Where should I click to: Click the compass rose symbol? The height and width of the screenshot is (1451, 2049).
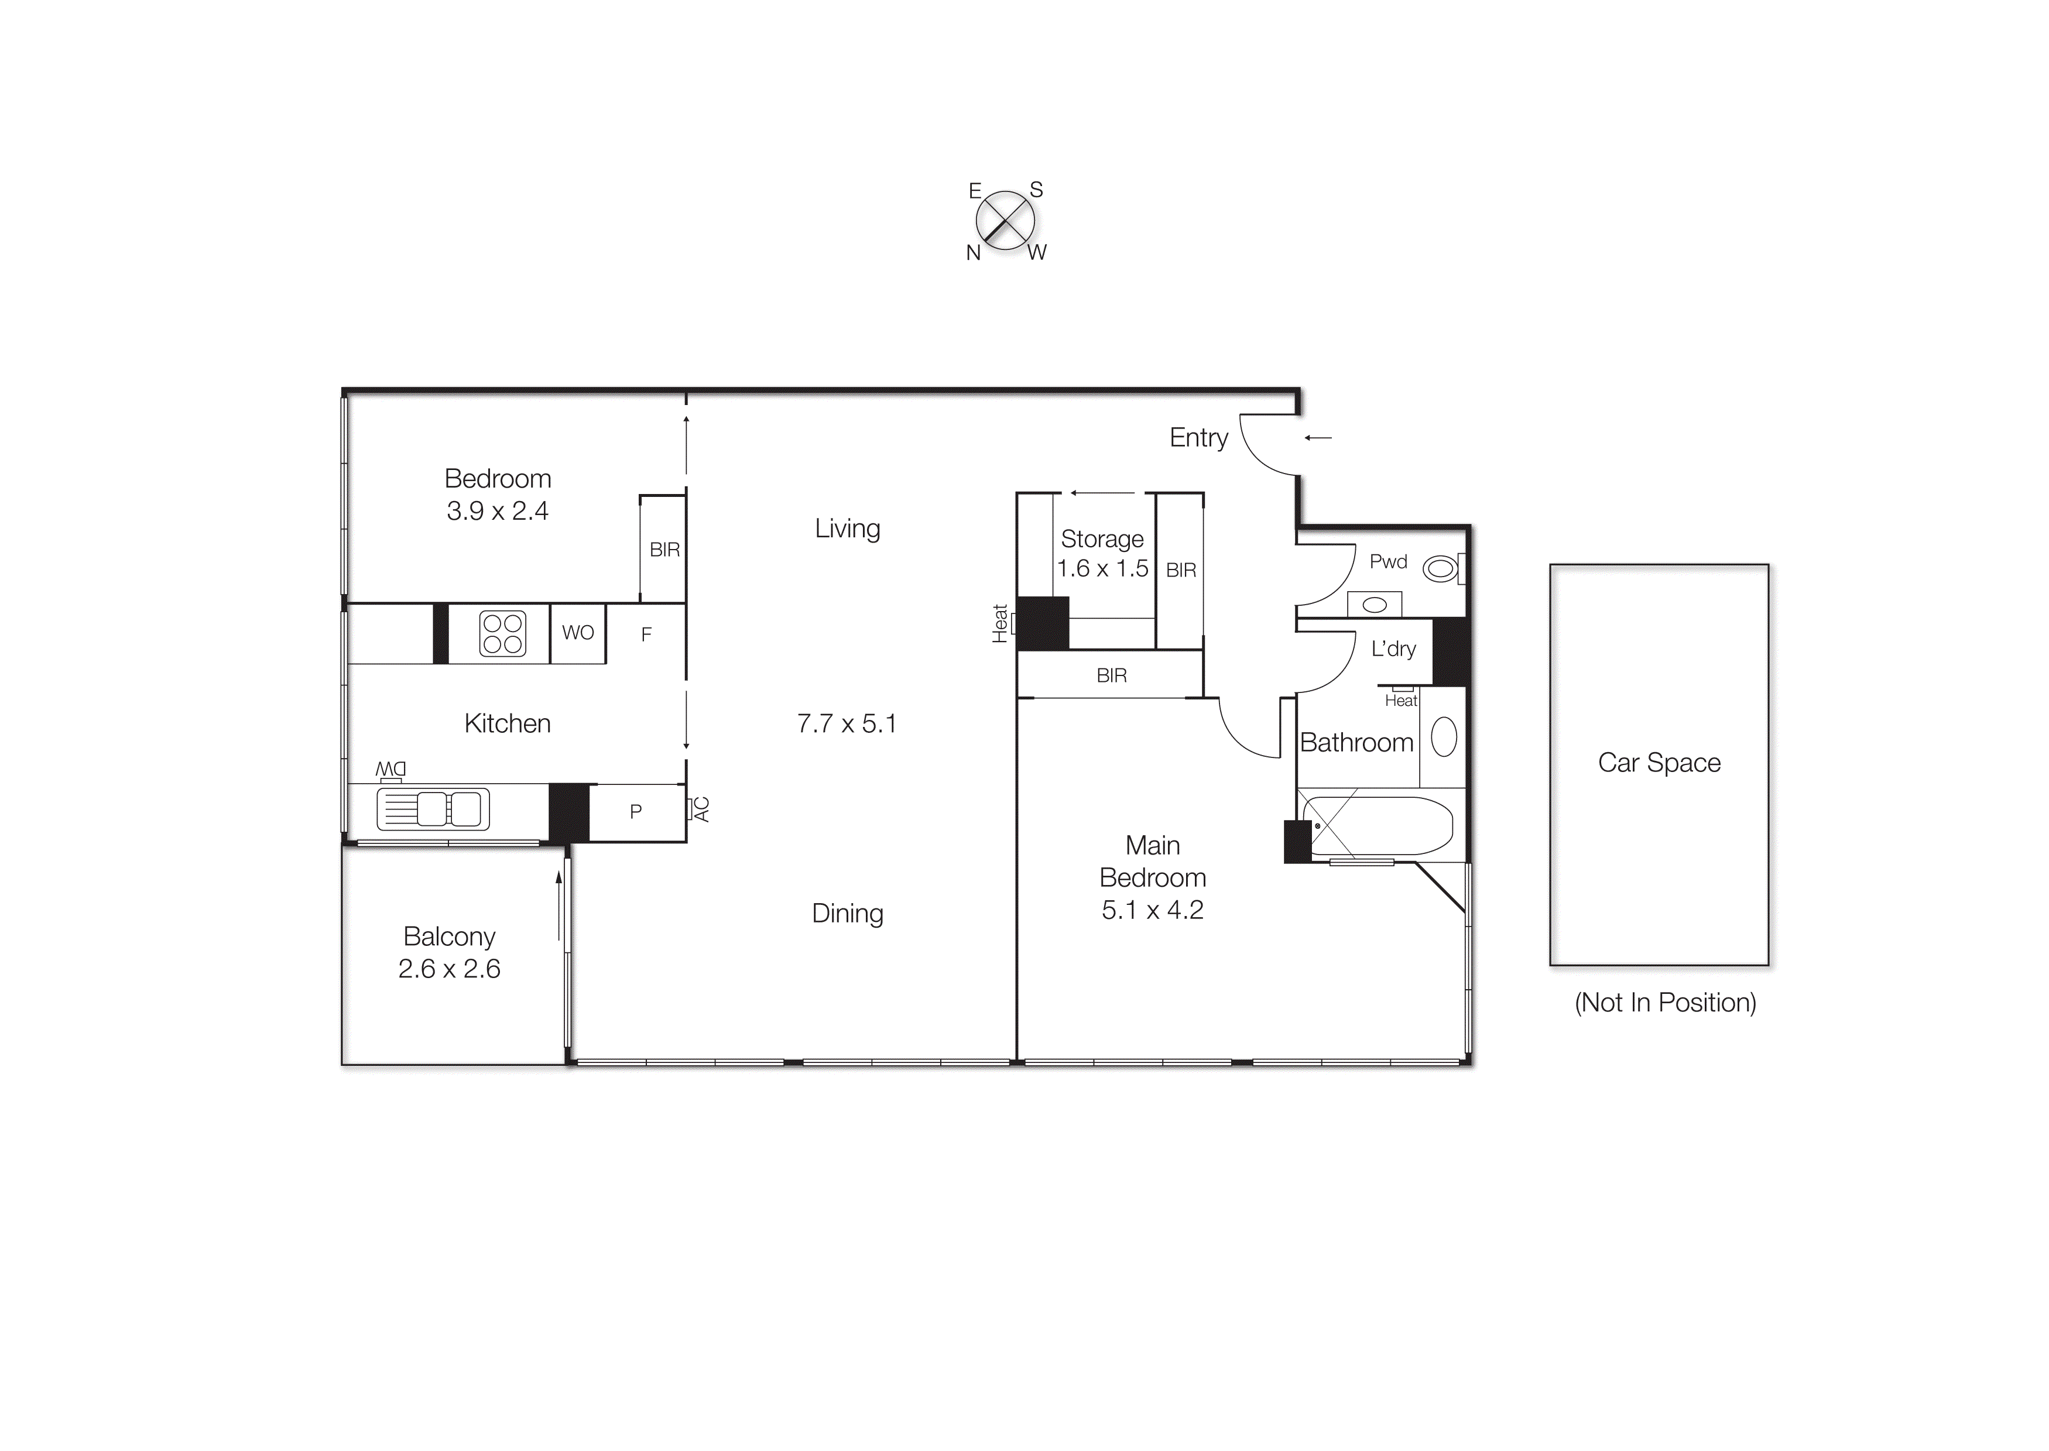1005,221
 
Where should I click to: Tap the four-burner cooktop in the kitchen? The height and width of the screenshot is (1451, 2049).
502,633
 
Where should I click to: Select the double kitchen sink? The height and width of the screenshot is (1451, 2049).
433,809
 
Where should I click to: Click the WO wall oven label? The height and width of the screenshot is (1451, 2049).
577,633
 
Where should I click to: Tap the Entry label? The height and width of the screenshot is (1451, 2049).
1198,438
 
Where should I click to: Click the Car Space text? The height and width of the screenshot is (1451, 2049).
1659,763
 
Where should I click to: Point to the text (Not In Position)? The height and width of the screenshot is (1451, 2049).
1665,1003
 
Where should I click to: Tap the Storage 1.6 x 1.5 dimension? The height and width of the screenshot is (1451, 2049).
1102,568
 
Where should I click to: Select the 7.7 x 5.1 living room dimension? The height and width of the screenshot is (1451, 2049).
846,723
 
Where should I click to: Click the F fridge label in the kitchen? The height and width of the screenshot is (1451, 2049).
646,634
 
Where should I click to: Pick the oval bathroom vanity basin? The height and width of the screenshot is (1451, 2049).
1443,737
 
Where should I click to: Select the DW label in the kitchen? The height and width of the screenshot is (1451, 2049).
390,769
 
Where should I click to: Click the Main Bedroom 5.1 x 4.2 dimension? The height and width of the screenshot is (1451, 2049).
1152,910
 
